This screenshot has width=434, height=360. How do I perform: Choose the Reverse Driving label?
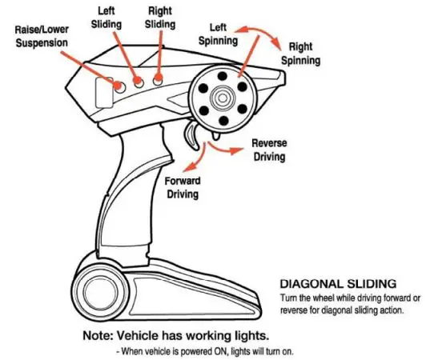pos(269,150)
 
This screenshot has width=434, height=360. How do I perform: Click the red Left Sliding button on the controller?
pos(139,81)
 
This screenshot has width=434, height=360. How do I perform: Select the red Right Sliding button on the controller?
pos(159,79)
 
